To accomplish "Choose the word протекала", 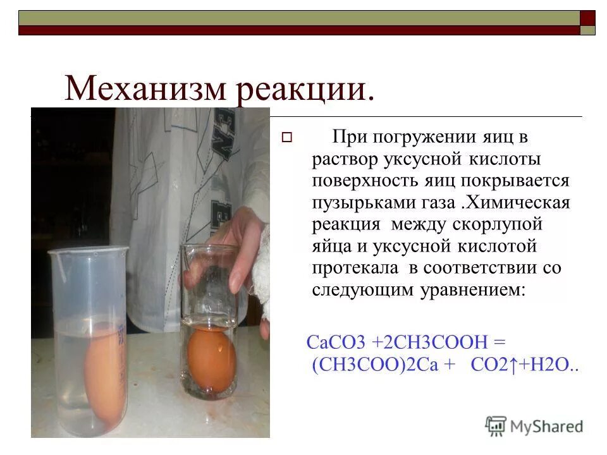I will [x=355, y=268].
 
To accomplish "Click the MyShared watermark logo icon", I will [x=496, y=425].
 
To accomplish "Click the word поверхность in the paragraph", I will [x=362, y=181].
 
